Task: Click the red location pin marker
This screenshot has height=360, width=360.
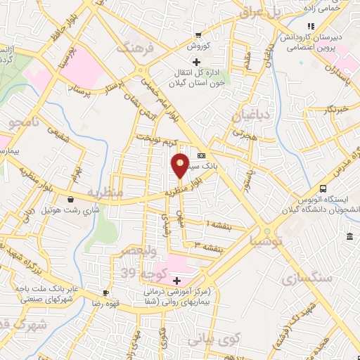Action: (x=181, y=165)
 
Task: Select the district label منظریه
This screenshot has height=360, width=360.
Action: (x=105, y=192)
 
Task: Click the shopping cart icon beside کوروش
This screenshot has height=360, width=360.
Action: (x=199, y=35)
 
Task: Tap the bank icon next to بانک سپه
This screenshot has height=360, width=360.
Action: (x=202, y=155)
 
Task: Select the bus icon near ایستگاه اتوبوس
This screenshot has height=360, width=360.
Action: (x=323, y=189)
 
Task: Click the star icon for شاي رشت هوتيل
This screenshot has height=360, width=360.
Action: (x=70, y=199)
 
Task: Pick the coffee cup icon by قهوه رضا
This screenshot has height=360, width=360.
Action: (x=106, y=292)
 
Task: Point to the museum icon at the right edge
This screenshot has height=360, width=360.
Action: (x=349, y=240)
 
